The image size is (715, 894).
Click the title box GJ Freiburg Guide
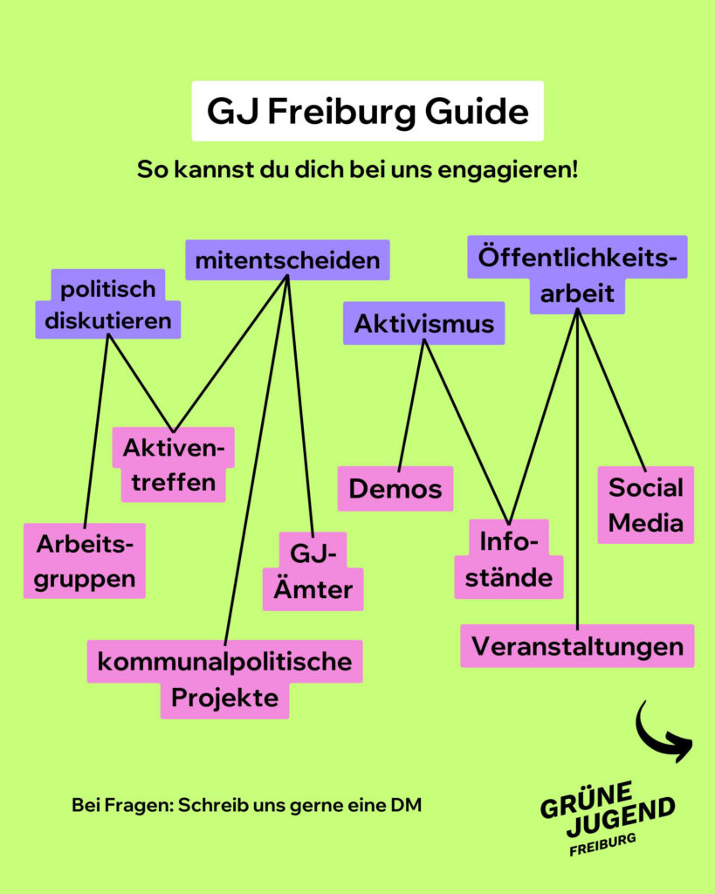pos(368,111)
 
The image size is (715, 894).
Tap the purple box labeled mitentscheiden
pos(287,260)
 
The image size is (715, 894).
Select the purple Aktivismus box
pos(423,323)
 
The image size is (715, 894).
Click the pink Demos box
pos(395,489)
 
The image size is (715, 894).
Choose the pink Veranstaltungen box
pos(577,646)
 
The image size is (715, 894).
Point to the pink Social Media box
pos(645,505)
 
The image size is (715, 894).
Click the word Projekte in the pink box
pos(224,698)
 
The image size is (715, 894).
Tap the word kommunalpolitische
pos(224,662)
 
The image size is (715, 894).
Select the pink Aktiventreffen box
pos(174,464)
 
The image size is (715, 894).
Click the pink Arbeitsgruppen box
pos(85,561)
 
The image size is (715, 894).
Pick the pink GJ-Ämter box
pos(313,571)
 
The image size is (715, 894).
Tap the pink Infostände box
pos(509,560)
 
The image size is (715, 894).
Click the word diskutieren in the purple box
pos(107,321)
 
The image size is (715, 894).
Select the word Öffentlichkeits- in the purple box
pos(577,258)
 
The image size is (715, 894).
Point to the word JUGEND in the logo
pos(621,816)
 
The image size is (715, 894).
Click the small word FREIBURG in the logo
pos(602,844)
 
